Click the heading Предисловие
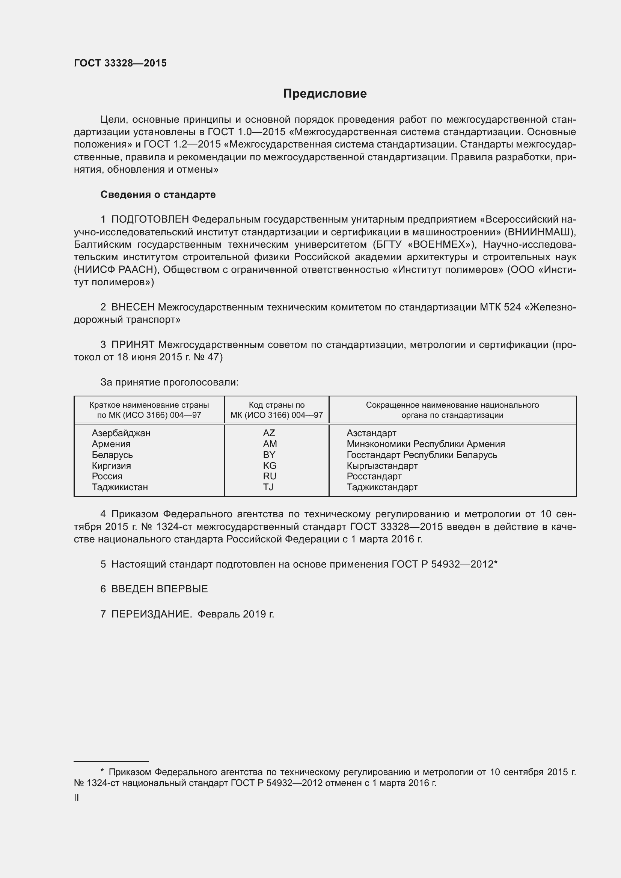[x=325, y=94]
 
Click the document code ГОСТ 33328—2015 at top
[x=121, y=63]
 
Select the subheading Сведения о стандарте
[x=158, y=195]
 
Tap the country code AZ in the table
[x=269, y=433]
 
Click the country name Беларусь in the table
[x=112, y=455]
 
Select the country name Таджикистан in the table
[x=120, y=487]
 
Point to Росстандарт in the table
[x=374, y=476]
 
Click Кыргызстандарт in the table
[x=382, y=465]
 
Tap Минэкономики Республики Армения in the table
[x=426, y=444]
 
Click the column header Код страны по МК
[x=276, y=410]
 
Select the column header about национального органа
[x=452, y=410]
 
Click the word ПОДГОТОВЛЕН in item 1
[x=150, y=220]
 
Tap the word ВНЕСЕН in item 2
[x=133, y=307]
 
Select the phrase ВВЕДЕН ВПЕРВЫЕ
[x=160, y=589]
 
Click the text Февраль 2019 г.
[x=236, y=614]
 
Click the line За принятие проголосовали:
[x=169, y=383]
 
